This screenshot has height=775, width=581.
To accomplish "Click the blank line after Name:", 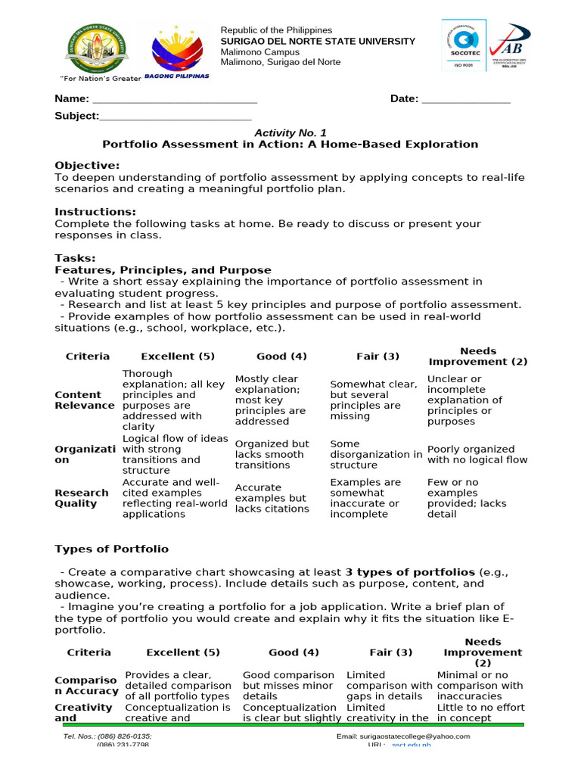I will point(174,100).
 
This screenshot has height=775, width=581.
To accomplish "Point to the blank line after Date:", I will point(465,100).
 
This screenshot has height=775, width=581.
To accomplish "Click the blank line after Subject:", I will point(175,117).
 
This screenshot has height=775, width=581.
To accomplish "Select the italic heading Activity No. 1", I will point(290,132).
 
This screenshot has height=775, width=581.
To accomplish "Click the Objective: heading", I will point(87,166).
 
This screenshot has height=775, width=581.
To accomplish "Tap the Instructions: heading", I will point(95,212).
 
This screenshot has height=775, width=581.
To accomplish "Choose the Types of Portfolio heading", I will point(112,549).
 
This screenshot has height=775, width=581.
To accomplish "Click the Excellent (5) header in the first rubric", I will point(178,356).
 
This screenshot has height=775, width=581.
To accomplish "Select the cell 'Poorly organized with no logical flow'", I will point(477,454).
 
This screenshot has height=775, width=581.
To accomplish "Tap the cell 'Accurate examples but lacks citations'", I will point(272,498).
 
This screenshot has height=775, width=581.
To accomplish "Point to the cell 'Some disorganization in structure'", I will point(376,454).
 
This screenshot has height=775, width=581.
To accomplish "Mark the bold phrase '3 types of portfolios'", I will point(410,571).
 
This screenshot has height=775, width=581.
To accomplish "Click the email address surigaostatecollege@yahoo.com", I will point(402,736).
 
